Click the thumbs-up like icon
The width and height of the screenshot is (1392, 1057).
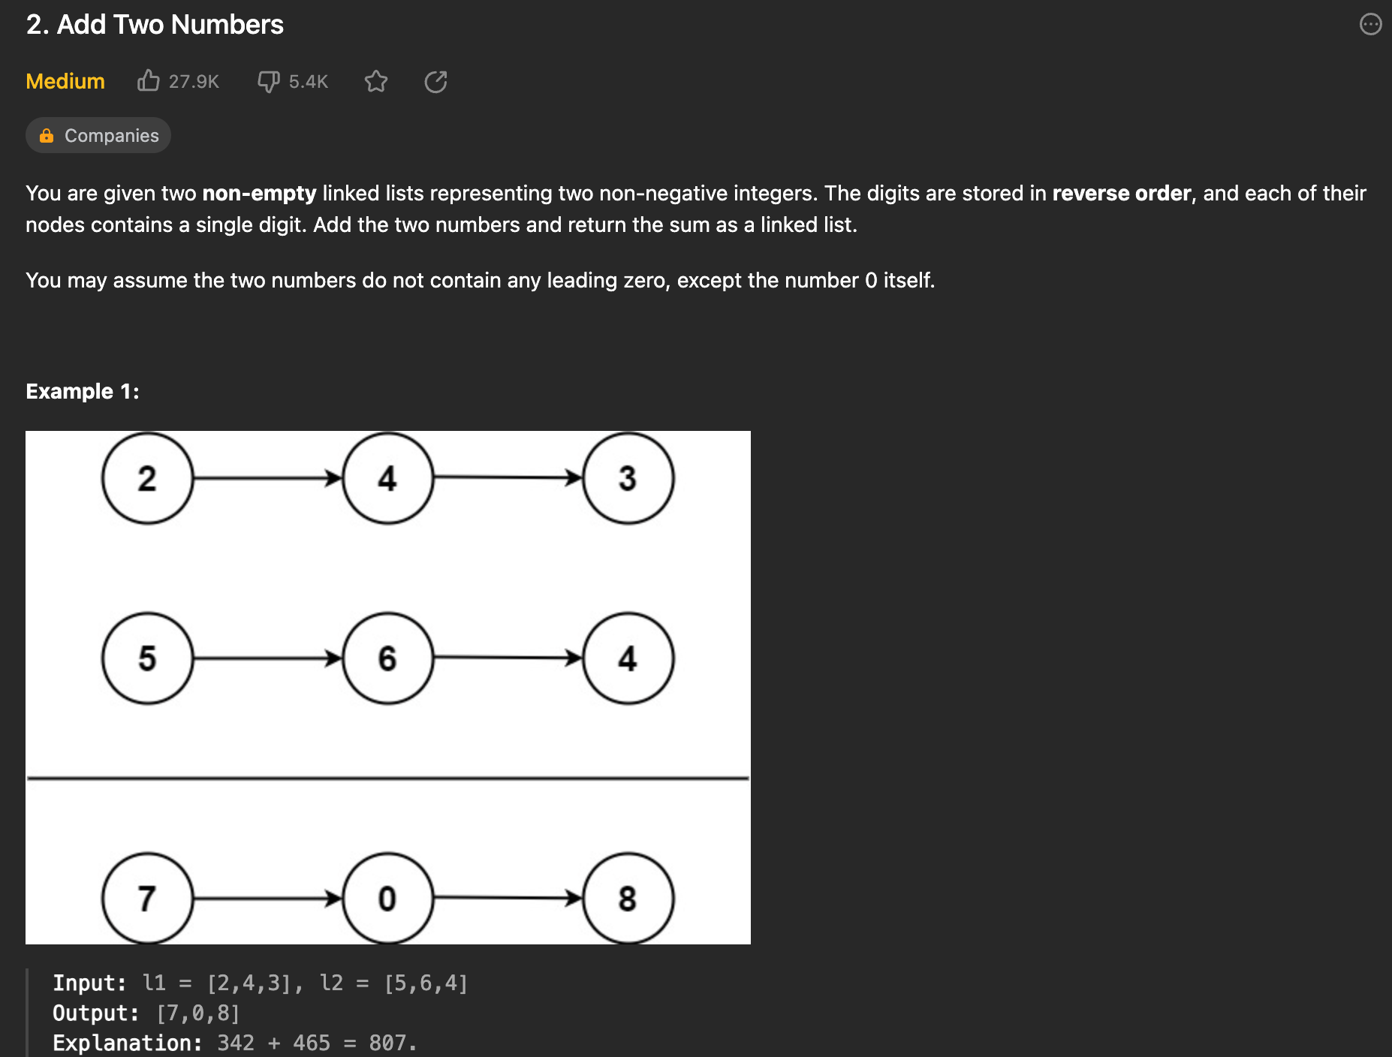tap(149, 80)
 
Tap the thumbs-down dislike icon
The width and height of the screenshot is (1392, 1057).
tap(268, 81)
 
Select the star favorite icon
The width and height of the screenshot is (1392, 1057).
tap(376, 81)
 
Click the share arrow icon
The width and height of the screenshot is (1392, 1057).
tap(435, 81)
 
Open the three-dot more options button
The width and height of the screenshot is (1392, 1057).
tap(1370, 25)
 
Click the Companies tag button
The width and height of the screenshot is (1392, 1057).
tap(98, 136)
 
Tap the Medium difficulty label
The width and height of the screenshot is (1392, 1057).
tap(65, 81)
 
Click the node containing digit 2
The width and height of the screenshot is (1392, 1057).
tap(147, 478)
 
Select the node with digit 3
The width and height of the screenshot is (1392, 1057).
tap(628, 478)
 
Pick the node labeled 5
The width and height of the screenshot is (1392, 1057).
tap(147, 658)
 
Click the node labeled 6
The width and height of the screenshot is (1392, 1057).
tap(387, 658)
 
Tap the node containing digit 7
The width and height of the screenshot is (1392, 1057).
tap(147, 898)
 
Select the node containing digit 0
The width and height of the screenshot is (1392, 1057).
tap(387, 898)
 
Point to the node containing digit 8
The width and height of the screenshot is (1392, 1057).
tap(628, 898)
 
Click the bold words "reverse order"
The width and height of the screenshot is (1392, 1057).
tap(1121, 194)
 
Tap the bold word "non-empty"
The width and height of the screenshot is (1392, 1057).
tap(259, 194)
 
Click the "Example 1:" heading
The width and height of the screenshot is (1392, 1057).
tap(83, 392)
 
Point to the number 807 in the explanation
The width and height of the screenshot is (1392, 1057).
tap(387, 1043)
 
